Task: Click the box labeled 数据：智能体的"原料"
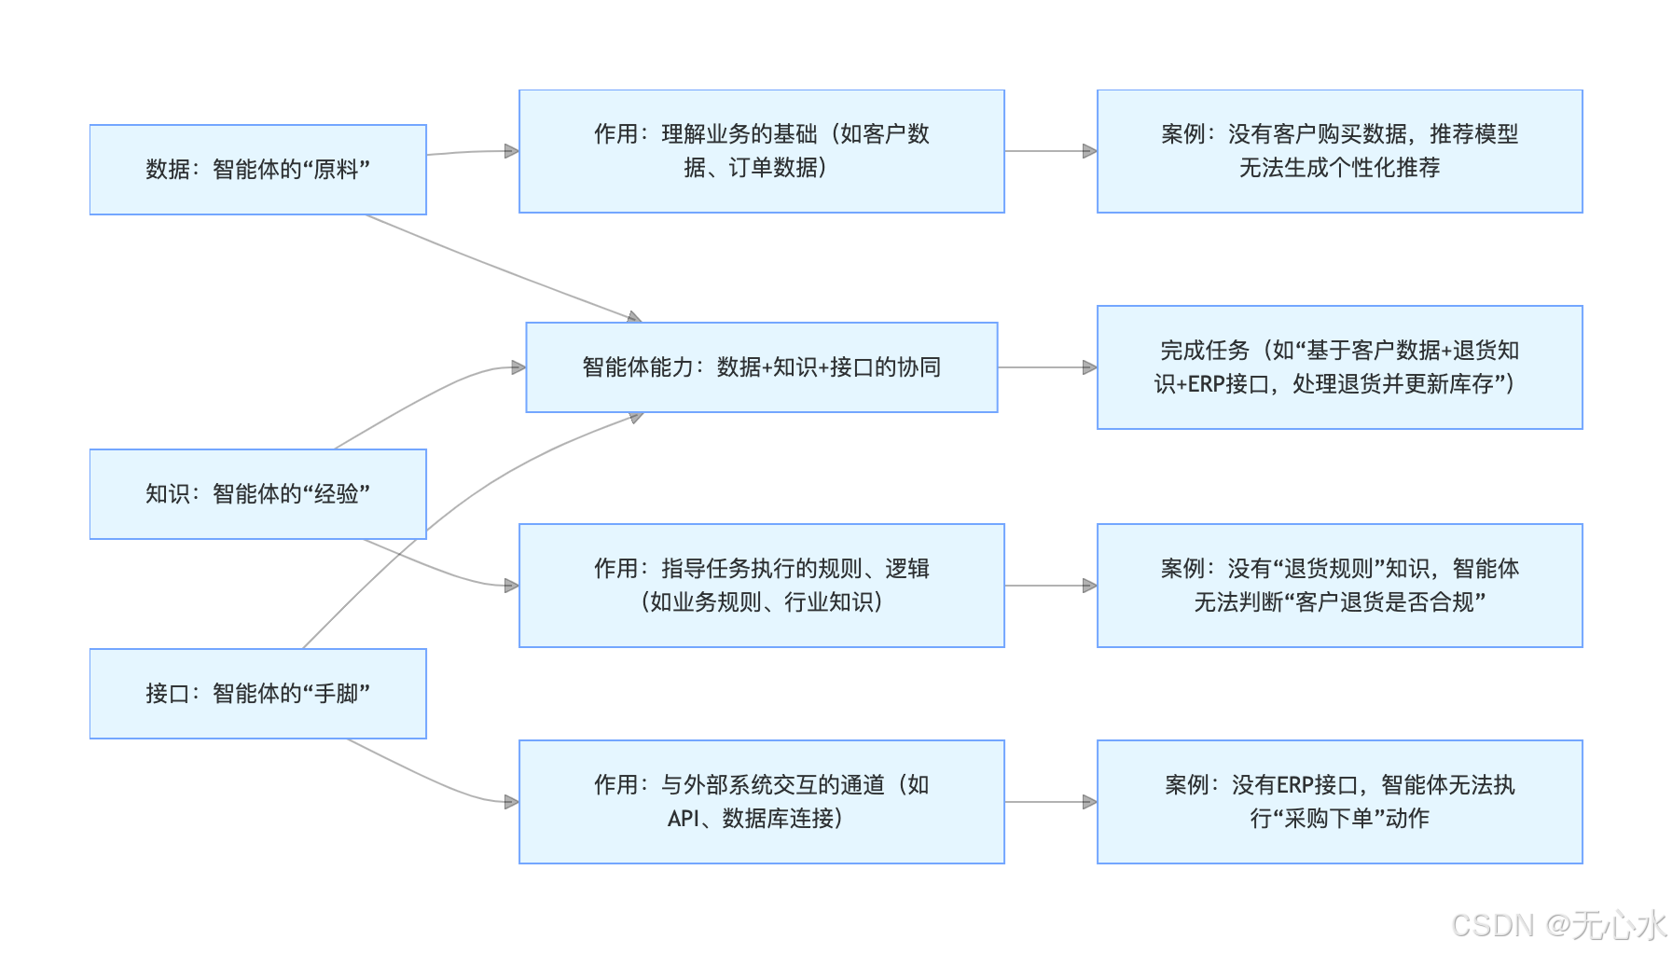[x=257, y=170]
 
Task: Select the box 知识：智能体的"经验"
[x=257, y=494]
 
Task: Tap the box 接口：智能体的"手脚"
[x=257, y=694]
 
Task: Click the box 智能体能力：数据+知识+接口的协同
[x=761, y=367]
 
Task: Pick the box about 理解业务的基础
[x=761, y=151]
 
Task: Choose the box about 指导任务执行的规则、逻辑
[x=761, y=586]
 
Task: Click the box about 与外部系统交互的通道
[x=761, y=802]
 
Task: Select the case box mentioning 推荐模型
[x=1339, y=151]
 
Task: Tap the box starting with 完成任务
[x=1339, y=367]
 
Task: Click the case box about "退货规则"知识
[x=1339, y=586]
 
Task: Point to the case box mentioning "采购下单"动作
[x=1339, y=802]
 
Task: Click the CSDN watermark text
[x=1558, y=925]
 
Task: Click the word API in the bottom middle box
[x=683, y=819]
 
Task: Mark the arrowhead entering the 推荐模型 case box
[x=1089, y=151]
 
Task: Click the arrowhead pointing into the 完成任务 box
[x=1089, y=367]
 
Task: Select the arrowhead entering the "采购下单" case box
[x=1089, y=802]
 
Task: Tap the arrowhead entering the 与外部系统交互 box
[x=511, y=802]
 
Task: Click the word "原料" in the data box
[x=336, y=170]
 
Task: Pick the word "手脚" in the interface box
[x=336, y=694]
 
